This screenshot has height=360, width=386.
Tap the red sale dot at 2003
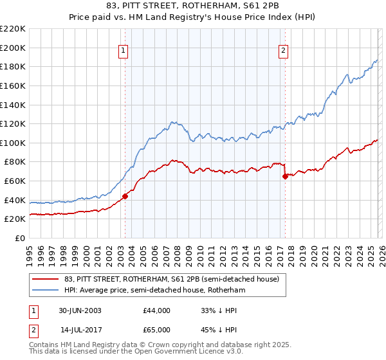pyautogui.click(x=125, y=197)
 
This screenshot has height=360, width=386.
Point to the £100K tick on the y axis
pyautogui.click(x=13, y=143)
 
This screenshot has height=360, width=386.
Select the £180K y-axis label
pyautogui.click(x=13, y=66)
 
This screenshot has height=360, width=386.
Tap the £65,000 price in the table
pyautogui.click(x=157, y=328)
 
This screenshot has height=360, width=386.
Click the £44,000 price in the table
pyautogui.click(x=157, y=310)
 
